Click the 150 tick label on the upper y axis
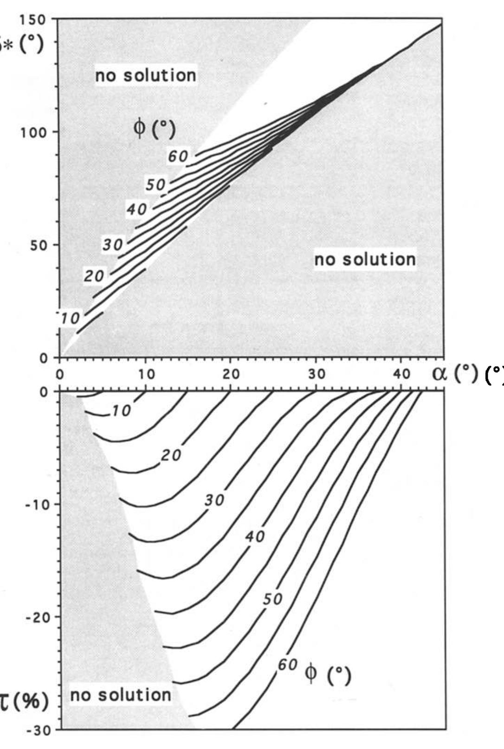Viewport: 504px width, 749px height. coord(32,19)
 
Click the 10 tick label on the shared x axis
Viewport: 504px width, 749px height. coord(146,374)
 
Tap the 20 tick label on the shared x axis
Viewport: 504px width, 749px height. coord(231,374)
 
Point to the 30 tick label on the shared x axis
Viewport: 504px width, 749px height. coord(317,374)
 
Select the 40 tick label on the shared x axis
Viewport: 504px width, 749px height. coord(402,374)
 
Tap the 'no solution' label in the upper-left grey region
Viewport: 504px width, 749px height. coord(146,75)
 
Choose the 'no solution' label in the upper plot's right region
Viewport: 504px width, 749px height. coord(365,260)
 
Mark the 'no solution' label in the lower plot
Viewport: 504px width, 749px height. coord(121,695)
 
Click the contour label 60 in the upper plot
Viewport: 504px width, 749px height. coord(178,157)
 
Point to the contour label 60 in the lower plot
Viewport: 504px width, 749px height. coord(288,665)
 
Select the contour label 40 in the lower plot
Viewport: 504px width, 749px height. coord(255,537)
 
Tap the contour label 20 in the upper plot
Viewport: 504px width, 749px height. coord(94,276)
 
